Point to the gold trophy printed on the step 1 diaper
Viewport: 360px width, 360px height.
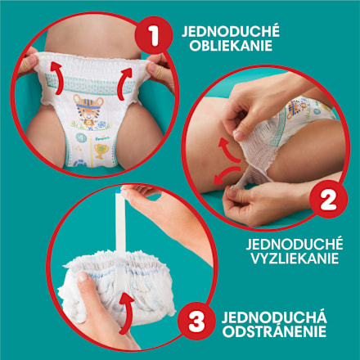(101, 151)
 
